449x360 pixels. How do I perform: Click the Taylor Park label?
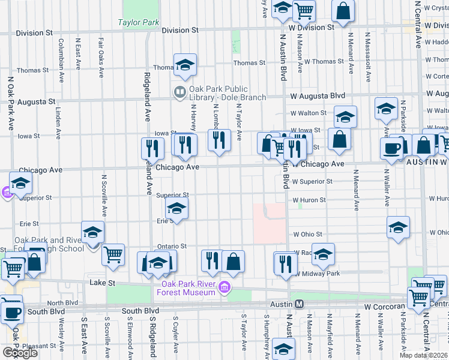(x=138, y=23)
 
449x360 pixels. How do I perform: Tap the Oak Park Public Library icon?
(x=179, y=92)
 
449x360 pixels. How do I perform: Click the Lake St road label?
(x=101, y=282)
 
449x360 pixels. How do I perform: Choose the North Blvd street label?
(x=59, y=303)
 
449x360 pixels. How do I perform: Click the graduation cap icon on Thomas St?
(x=185, y=65)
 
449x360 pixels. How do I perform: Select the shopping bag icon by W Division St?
(x=343, y=11)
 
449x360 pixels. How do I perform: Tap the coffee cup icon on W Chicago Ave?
(x=392, y=148)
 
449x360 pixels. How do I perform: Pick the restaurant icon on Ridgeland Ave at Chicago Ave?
(x=152, y=148)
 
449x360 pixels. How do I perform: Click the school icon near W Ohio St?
(x=398, y=227)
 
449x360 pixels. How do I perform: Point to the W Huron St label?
(x=309, y=200)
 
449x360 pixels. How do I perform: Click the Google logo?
(x=20, y=353)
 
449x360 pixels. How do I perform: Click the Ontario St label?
(x=172, y=246)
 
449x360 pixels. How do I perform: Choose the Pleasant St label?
(x=38, y=346)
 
